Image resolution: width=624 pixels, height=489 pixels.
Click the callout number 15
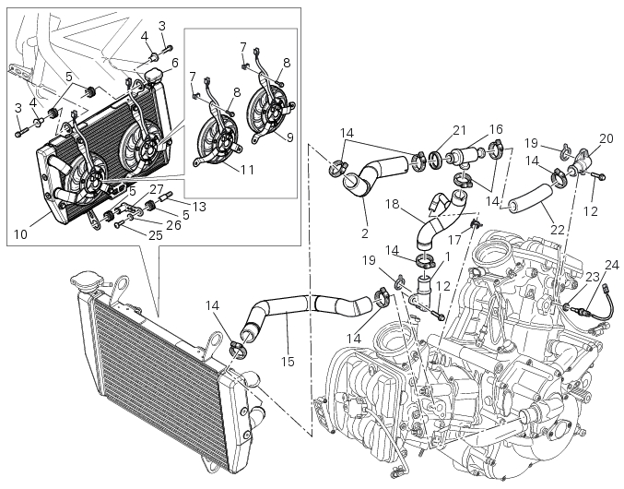(287, 361)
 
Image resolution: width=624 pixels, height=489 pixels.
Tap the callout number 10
(20, 234)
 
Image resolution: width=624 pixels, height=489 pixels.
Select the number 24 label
(612, 265)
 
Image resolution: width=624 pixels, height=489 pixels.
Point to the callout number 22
(558, 230)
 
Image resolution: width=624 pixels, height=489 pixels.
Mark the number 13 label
(199, 207)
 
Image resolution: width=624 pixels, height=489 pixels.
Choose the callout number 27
(158, 188)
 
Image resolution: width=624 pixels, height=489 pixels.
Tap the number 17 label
(454, 239)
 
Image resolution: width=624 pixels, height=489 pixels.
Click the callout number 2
(365, 233)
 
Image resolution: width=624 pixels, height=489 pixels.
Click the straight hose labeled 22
(531, 197)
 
